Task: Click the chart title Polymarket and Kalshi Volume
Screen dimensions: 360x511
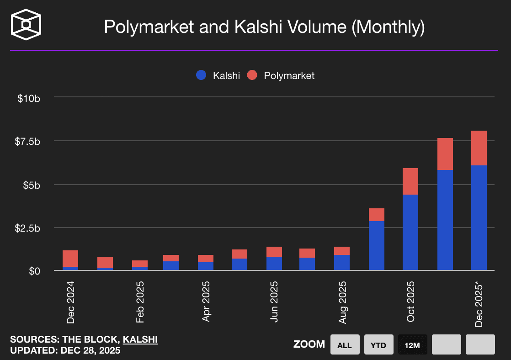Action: click(x=264, y=27)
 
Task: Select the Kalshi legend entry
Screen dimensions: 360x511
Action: click(x=218, y=76)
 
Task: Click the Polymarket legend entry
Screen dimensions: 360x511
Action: click(x=281, y=76)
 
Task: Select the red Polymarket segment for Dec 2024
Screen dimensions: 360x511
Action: click(x=70, y=258)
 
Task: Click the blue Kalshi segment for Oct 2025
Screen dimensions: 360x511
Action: click(x=410, y=232)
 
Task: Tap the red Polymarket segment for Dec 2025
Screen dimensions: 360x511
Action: click(x=479, y=148)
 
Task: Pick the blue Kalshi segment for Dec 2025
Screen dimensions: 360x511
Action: click(x=479, y=217)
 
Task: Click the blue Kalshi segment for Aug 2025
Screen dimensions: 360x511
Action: click(x=342, y=263)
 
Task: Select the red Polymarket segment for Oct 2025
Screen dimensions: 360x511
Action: click(x=410, y=181)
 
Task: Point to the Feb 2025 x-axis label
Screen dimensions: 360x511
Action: click(x=140, y=302)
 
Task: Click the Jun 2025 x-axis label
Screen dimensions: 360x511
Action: click(x=274, y=302)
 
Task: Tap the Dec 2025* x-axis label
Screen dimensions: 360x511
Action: click(x=479, y=304)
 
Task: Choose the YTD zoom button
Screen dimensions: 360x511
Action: click(x=379, y=345)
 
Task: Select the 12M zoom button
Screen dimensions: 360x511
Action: click(x=413, y=345)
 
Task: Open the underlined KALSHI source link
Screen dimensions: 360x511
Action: click(x=140, y=339)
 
